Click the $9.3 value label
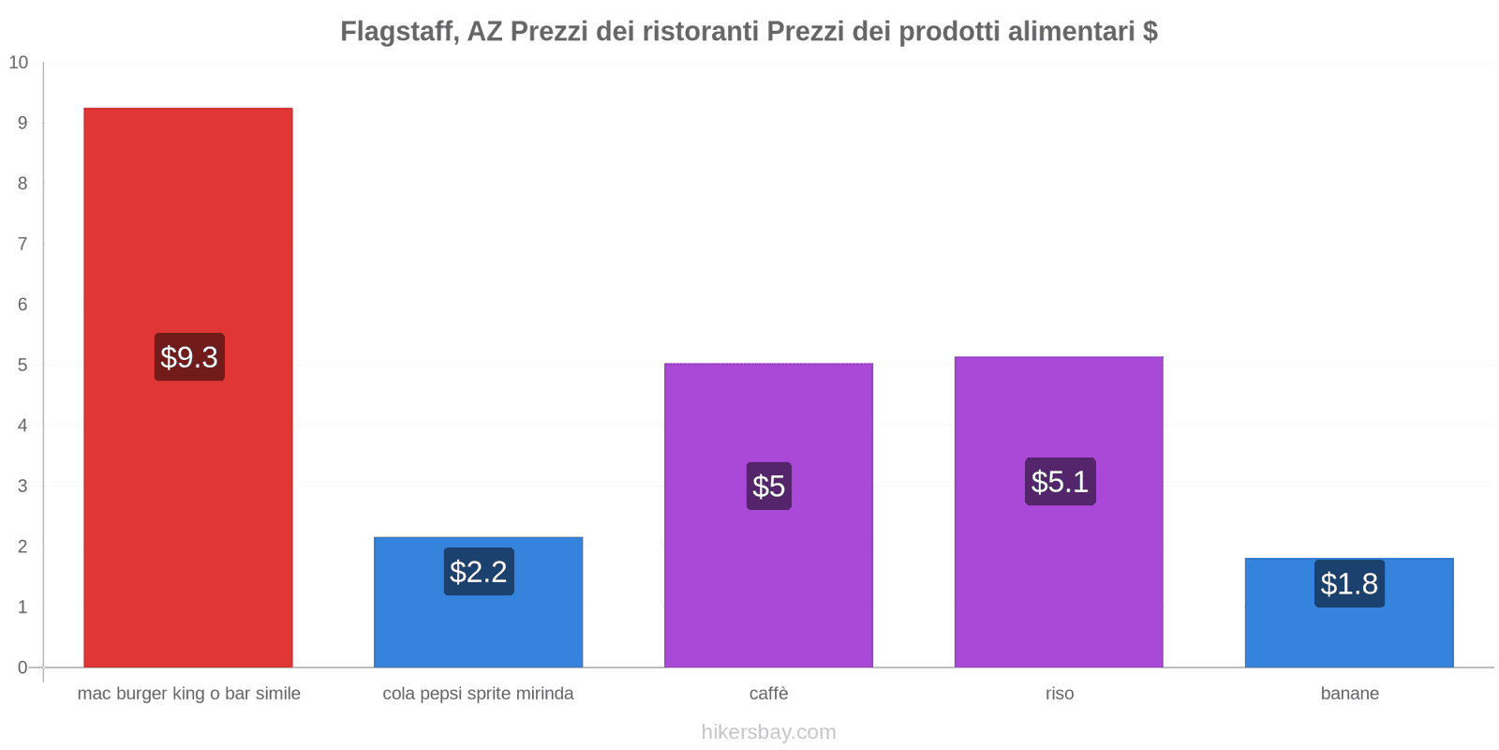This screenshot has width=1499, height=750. pos(189,357)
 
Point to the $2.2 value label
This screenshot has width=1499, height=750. pos(479,572)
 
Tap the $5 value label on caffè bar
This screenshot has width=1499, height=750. pos(768,487)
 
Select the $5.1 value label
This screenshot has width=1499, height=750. pos(1060,482)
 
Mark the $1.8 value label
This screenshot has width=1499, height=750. pos(1349,584)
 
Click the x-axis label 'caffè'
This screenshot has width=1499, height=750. pos(768,694)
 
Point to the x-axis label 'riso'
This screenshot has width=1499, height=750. pos(1060,694)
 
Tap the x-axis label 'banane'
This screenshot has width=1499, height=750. pos(1349,694)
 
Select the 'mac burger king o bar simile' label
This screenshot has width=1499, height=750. pos(189,694)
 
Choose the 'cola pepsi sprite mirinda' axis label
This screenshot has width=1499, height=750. pos(478,694)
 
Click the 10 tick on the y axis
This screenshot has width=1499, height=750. pos(19,63)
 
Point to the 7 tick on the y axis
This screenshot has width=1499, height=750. pos(22,244)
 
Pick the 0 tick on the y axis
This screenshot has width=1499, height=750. pos(22,667)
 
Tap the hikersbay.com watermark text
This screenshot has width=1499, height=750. pos(768,732)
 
